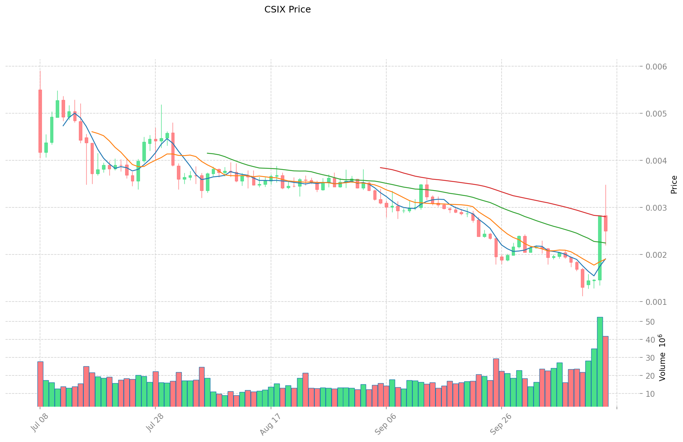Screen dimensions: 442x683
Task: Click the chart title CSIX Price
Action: point(287,10)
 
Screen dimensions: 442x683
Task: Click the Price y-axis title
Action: point(674,184)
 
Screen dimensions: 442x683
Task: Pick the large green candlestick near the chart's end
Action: point(600,248)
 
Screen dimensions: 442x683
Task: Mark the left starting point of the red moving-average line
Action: point(380,168)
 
